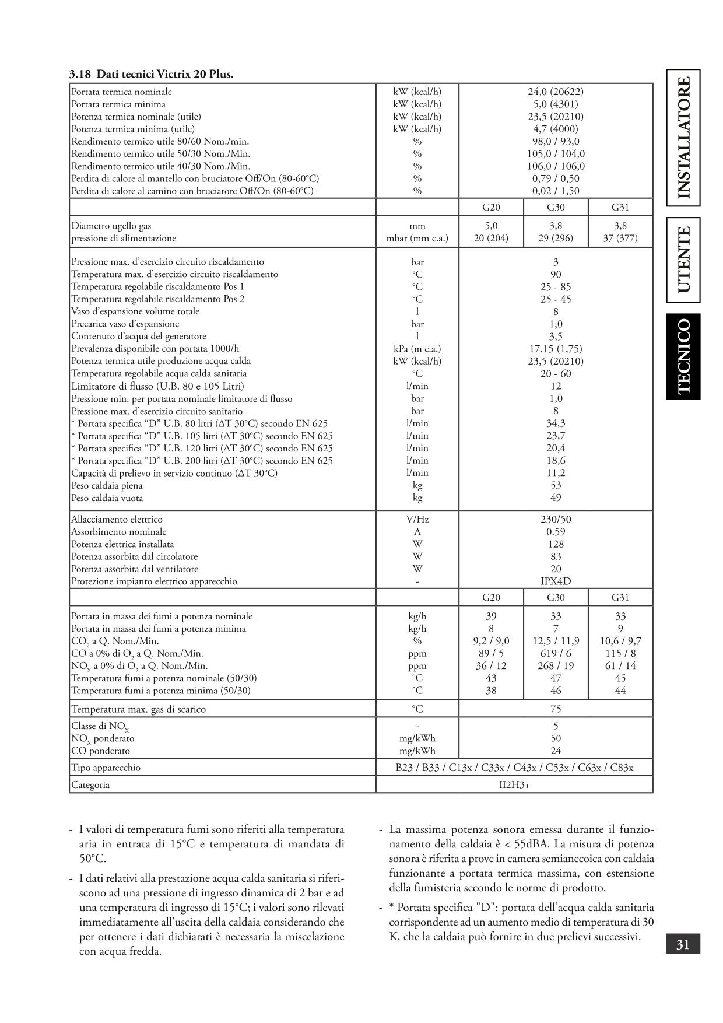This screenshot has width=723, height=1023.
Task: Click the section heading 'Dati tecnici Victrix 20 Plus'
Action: [152, 74]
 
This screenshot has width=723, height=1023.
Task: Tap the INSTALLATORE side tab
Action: [683, 137]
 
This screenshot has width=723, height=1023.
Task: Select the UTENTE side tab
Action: [683, 260]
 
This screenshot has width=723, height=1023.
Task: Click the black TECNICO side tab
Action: [683, 356]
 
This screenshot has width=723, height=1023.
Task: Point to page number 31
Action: [683, 944]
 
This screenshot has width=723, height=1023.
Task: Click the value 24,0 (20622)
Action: [556, 92]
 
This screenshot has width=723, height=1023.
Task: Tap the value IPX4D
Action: [556, 581]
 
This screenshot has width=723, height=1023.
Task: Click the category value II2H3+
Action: [514, 784]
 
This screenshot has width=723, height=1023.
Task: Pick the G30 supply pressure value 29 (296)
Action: [556, 238]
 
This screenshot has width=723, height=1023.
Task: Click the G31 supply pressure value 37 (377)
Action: [620, 238]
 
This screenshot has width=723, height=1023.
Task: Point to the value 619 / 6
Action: [556, 653]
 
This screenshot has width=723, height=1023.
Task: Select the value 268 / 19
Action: [556, 665]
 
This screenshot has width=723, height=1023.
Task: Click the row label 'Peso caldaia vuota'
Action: [107, 498]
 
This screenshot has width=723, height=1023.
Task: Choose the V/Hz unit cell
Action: [417, 519]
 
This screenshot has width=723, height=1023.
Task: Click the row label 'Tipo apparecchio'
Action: [106, 768]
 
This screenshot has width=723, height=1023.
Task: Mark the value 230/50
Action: [556, 519]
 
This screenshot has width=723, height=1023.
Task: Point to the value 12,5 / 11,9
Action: [556, 641]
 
